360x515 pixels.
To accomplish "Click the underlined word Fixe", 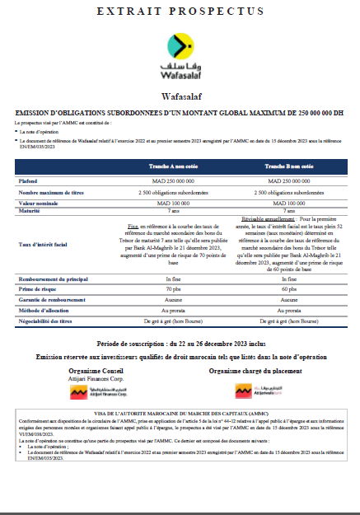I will (133, 223).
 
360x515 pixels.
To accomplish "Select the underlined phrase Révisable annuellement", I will (259, 220).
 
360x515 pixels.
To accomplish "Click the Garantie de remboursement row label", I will (51, 301).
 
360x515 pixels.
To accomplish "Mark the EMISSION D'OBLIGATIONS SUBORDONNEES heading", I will (180, 111).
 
